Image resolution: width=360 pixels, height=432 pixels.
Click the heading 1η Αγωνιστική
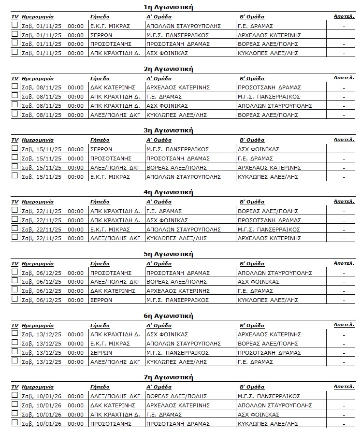(x=168, y=7)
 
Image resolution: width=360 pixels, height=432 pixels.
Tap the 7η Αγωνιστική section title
(x=168, y=377)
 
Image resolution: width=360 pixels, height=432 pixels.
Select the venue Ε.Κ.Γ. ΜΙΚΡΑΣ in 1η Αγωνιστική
(x=110, y=26)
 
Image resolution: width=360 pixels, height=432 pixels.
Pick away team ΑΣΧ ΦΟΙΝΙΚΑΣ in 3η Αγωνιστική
(x=259, y=149)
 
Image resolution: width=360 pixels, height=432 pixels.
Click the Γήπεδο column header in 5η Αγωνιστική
(x=100, y=264)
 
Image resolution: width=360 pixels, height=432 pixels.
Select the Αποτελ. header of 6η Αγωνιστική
(x=344, y=325)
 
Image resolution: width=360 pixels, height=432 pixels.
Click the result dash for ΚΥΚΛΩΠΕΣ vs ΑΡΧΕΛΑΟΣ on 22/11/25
(x=344, y=239)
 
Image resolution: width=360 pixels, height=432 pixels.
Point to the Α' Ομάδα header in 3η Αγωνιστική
(x=158, y=140)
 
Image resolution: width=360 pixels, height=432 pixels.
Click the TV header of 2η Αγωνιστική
(x=14, y=78)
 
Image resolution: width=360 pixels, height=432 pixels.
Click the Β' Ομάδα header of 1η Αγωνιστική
(x=252, y=16)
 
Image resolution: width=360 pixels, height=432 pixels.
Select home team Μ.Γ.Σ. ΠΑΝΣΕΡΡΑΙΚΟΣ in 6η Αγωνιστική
(x=177, y=353)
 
